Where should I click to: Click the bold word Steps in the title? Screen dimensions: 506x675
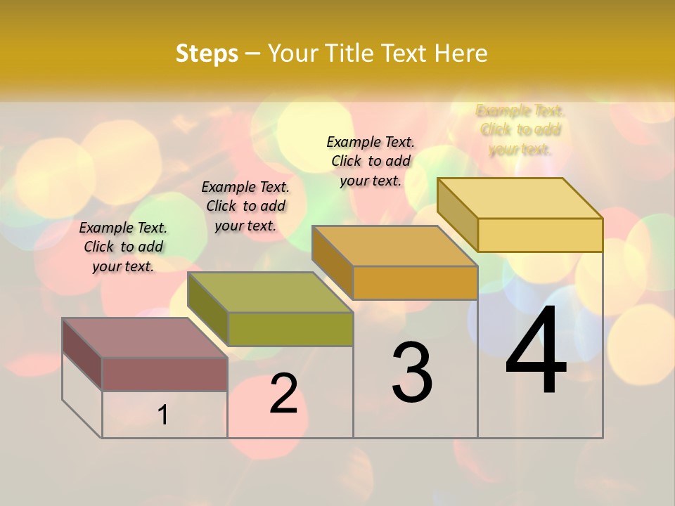click(207, 53)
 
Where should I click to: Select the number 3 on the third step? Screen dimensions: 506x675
click(412, 372)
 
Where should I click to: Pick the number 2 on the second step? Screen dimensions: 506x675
click(283, 394)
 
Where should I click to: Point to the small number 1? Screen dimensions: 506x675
click(163, 415)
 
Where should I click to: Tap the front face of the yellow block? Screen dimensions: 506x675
click(540, 235)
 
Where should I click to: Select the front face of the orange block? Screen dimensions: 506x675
click(415, 283)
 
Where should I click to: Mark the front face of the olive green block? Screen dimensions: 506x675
click(290, 329)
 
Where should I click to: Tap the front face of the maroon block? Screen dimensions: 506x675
click(165, 374)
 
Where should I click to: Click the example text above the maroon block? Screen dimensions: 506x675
click(123, 247)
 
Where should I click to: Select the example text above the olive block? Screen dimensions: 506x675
click(245, 206)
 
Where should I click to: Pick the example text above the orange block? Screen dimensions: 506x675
click(371, 161)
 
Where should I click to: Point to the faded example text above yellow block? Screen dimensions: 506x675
click(520, 130)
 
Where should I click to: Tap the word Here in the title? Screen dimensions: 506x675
click(461, 53)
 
